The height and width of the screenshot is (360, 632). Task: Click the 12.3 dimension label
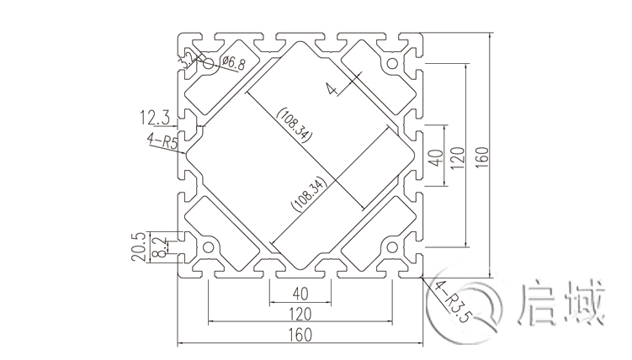tap(157, 116)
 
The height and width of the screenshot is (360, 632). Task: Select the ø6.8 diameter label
tap(233, 62)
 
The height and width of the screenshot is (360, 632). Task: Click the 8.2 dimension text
tap(161, 247)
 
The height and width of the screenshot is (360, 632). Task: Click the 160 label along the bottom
tap(299, 335)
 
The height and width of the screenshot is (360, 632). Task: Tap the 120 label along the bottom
tap(299, 312)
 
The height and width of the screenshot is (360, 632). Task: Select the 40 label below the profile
tap(299, 294)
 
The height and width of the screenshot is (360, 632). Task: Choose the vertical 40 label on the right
tap(435, 157)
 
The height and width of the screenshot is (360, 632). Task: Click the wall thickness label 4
tap(332, 88)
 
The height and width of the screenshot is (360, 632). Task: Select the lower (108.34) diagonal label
tap(304, 193)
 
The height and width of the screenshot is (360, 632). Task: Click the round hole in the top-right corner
tap(391, 63)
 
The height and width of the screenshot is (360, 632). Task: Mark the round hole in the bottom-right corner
tap(391, 247)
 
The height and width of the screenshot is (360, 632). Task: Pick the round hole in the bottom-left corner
tap(207, 247)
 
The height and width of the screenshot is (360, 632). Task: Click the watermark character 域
tap(584, 304)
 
